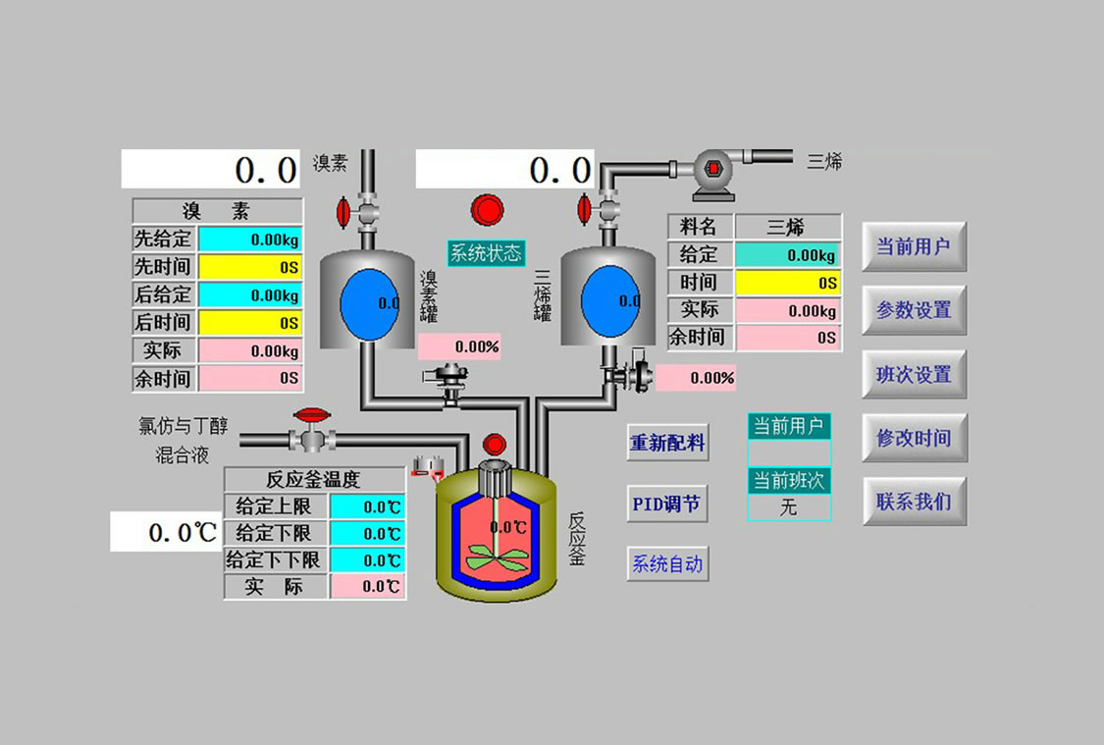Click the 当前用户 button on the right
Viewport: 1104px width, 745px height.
(x=914, y=246)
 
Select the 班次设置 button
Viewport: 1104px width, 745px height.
(x=914, y=374)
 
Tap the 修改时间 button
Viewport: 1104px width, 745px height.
(x=914, y=438)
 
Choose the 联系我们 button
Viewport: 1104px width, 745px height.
(x=914, y=502)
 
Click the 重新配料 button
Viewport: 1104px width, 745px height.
(x=667, y=443)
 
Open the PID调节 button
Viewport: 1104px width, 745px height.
(x=667, y=505)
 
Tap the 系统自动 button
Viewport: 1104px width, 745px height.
(x=667, y=564)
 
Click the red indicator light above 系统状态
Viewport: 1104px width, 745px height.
(x=487, y=210)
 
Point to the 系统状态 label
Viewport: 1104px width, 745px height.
(x=487, y=252)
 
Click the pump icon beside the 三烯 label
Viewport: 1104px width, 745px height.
(x=712, y=169)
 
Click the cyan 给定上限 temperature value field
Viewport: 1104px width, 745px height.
(x=367, y=507)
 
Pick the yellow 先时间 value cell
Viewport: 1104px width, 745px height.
(x=250, y=267)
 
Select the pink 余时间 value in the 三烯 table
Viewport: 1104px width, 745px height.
(x=788, y=338)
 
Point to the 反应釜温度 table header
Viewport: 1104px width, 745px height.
(x=314, y=480)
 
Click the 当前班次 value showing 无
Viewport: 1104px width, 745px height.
(x=789, y=507)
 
